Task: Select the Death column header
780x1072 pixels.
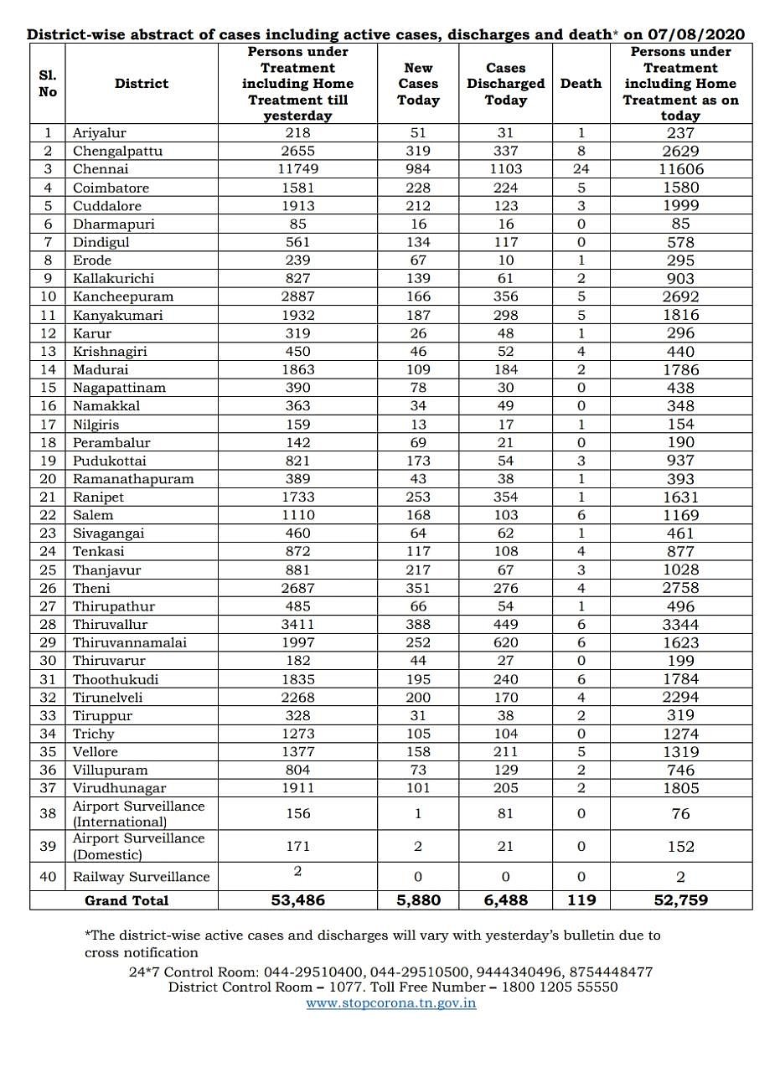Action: (581, 84)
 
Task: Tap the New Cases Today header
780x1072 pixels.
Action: (418, 84)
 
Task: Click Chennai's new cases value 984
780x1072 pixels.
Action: (418, 169)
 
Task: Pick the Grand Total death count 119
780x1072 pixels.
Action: (581, 900)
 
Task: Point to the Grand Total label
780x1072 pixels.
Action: (127, 900)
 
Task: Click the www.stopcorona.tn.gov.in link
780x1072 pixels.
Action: (391, 1002)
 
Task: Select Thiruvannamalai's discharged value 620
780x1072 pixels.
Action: (505, 642)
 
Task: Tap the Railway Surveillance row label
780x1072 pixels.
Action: (141, 877)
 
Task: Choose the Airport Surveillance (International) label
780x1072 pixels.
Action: (138, 814)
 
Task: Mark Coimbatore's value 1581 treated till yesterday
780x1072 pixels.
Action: (297, 188)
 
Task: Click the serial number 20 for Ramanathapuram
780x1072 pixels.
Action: (48, 479)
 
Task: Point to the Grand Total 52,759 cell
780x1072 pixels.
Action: (680, 900)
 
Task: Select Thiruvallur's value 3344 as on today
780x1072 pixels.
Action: (680, 624)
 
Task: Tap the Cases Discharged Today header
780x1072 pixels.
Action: (505, 84)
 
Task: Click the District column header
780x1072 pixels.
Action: (141, 84)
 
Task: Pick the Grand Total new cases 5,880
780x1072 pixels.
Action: (418, 900)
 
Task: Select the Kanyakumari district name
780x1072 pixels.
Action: (117, 315)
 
